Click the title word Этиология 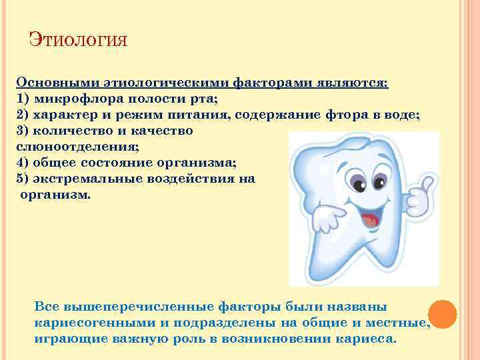(78, 41)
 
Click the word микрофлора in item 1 (72, 99)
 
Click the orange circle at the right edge (442, 313)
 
